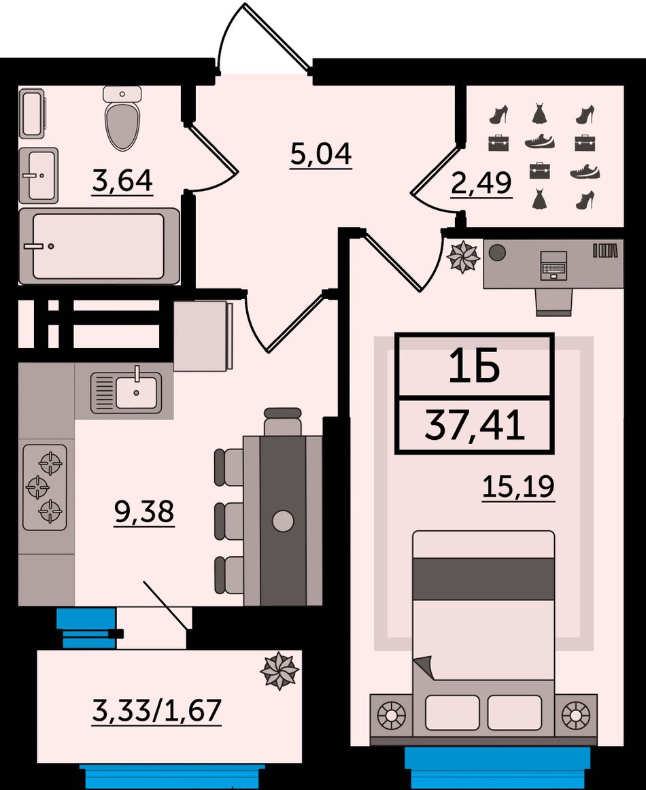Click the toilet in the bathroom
pos(122,118)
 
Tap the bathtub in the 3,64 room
pos(99,246)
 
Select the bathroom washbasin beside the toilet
pos(39,175)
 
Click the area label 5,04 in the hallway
pos(321,154)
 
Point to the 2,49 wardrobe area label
pos(481,184)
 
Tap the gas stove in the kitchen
pos(45,487)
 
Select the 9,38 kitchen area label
pos(144,513)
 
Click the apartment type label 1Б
pos(474,366)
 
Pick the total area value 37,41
pos(475,426)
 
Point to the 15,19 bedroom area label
pos(519,487)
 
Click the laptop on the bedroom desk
pos(554,265)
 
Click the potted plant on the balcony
pos(279,671)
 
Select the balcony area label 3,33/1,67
pos(156,711)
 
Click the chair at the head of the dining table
pos(283,422)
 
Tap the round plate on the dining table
pos(283,521)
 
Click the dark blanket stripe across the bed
pos(483,579)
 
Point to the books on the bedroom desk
pos(605,250)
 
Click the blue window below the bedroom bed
pos(497,768)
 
